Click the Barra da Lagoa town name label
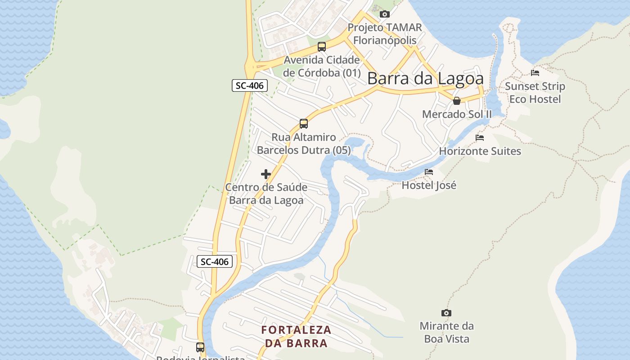(x=425, y=78)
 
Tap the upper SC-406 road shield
(x=250, y=85)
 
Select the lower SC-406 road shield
(x=215, y=261)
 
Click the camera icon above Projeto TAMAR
(x=385, y=14)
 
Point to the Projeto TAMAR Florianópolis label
(x=385, y=34)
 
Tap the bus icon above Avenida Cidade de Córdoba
(x=322, y=46)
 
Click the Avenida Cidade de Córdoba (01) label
(x=322, y=66)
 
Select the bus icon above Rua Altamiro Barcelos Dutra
(x=304, y=123)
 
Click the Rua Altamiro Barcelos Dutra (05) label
(x=304, y=144)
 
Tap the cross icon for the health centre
(x=266, y=174)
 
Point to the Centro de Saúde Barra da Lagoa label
(x=266, y=194)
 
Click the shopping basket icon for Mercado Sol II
(x=457, y=101)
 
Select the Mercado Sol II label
(x=457, y=114)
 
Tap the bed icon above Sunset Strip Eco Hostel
(x=535, y=72)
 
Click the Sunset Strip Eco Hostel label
(x=535, y=93)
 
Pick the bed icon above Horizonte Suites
(x=480, y=138)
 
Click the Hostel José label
(x=429, y=185)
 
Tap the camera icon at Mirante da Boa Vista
(x=446, y=313)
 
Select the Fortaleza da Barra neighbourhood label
(x=296, y=336)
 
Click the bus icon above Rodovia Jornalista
(x=200, y=347)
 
